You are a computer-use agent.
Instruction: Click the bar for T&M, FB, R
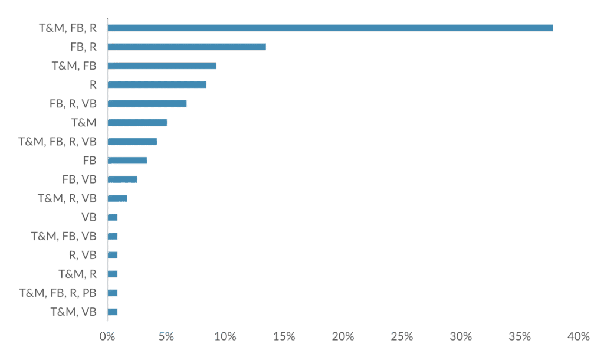[330, 28]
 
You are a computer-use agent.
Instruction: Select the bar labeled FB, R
[187, 47]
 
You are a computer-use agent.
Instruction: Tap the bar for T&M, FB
[162, 66]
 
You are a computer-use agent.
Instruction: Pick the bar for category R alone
[157, 84]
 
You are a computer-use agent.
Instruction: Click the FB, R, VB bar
[147, 103]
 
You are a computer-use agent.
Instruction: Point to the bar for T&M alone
[137, 123]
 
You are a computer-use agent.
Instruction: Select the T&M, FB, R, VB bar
[133, 142]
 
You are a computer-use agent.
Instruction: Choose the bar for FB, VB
[123, 179]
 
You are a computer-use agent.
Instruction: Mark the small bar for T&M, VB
[113, 312]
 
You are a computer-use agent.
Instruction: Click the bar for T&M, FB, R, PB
[113, 293]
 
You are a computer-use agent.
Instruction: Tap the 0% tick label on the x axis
[107, 336]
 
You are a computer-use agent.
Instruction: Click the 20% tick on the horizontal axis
[343, 336]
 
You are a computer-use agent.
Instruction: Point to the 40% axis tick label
[579, 336]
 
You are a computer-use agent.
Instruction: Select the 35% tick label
[520, 336]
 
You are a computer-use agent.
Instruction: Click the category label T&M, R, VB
[67, 198]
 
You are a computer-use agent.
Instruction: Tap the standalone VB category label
[89, 217]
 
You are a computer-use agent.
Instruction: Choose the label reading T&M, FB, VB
[64, 236]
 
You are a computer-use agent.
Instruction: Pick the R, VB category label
[83, 255]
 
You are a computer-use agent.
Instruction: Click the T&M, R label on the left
[77, 274]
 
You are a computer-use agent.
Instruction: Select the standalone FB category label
[90, 161]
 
